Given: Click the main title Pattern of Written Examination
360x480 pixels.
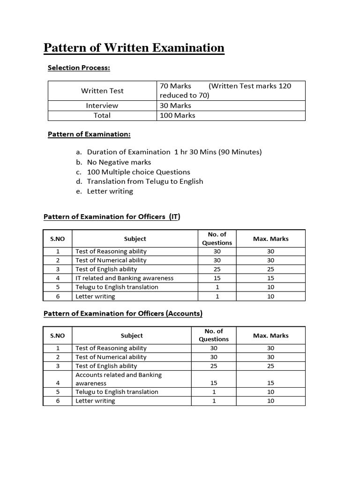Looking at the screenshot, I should point(134,48).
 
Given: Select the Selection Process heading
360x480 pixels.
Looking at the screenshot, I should point(79,68).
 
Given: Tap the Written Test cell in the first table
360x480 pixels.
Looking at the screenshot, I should point(102,90).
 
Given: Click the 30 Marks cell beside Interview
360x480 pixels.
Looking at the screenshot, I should point(175,105).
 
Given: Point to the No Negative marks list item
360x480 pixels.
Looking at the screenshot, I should point(119,162).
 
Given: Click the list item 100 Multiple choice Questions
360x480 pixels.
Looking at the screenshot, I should point(138,172).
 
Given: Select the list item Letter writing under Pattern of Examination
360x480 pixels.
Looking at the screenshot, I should point(110,191).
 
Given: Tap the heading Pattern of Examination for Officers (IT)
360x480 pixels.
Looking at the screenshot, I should point(112,217).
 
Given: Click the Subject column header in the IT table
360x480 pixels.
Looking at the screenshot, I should point(135,239).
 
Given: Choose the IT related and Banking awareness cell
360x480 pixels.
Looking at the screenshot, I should point(125,278).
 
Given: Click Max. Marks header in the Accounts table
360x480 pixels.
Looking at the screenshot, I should point(270,336).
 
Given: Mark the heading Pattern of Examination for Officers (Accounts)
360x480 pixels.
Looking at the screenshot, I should point(123,313).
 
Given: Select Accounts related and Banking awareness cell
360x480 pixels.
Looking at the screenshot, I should point(119,379).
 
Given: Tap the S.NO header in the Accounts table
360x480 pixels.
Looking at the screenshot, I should point(57,336).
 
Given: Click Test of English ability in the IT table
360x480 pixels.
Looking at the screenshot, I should point(106,269).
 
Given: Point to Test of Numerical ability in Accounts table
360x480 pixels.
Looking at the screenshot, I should point(111,357).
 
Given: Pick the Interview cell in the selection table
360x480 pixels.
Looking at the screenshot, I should point(102,105).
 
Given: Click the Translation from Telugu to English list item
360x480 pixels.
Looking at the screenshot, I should point(145,181).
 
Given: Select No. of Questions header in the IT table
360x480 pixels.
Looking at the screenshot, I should point(217,239).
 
